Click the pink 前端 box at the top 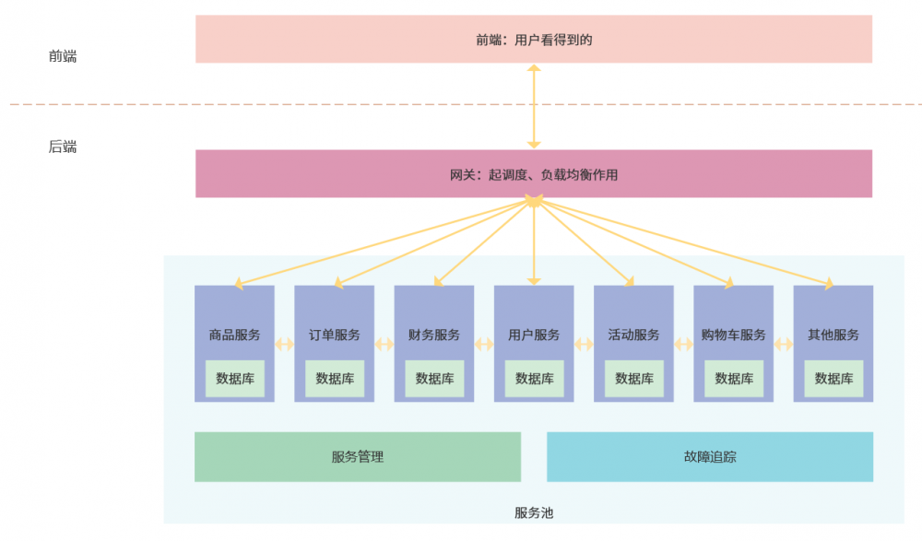(533, 39)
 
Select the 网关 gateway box (533, 173)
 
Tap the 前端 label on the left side (63, 56)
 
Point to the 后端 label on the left (63, 147)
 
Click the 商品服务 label (234, 335)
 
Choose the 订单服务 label (334, 335)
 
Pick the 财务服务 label (433, 335)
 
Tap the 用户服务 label (534, 335)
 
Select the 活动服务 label (633, 335)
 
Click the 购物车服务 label (733, 335)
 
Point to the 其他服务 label (833, 335)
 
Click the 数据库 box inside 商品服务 (234, 378)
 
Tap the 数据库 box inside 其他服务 (833, 378)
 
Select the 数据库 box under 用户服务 (534, 378)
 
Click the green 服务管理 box (357, 456)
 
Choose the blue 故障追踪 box (710, 456)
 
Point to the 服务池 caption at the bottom (533, 512)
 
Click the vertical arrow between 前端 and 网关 (533, 106)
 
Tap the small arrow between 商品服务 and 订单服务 (284, 345)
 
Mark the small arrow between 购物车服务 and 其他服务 (784, 345)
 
